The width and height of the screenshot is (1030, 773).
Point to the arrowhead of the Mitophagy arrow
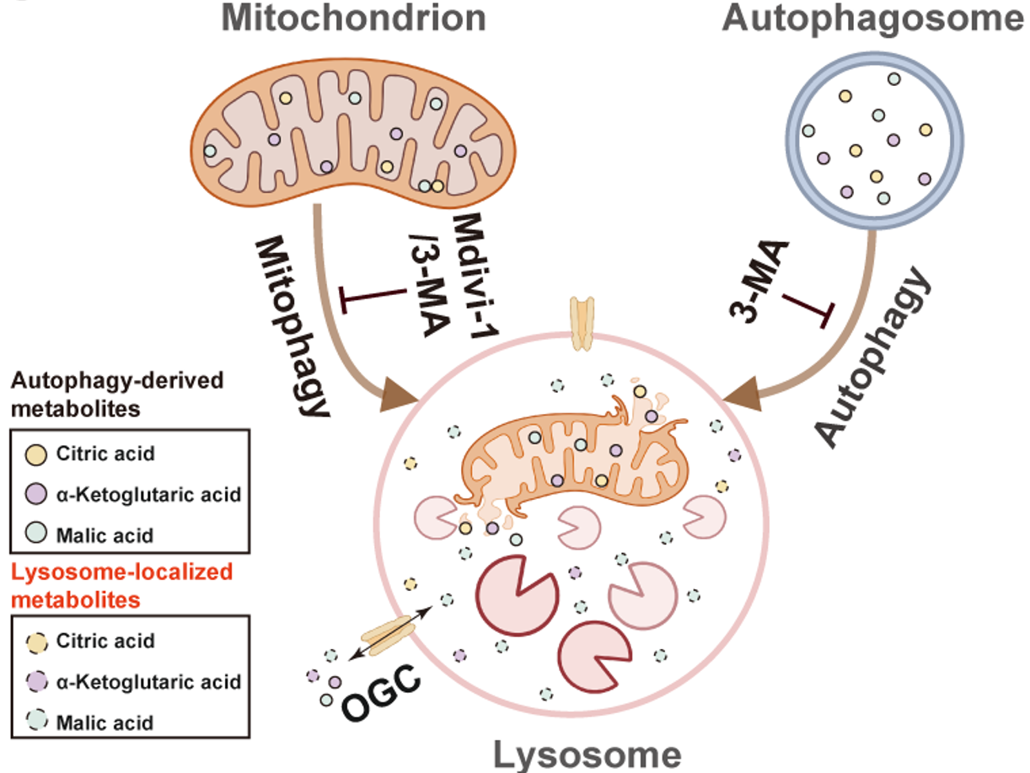[405, 395]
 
